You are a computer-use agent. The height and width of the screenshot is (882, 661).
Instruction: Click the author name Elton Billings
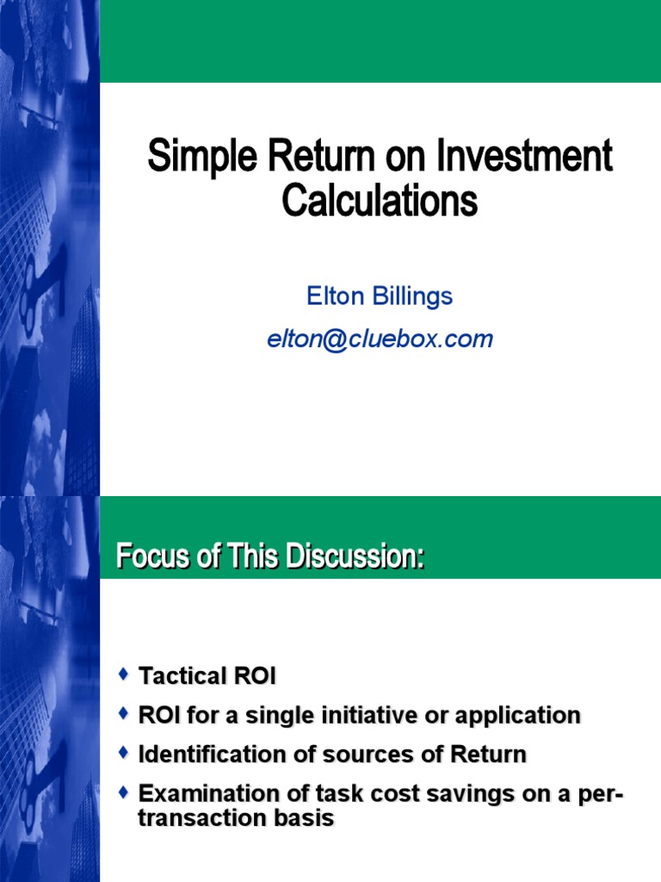point(380,296)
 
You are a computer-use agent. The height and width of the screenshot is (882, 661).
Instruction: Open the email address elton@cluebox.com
point(380,339)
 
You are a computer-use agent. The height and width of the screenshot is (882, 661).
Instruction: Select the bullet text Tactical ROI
point(207,676)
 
